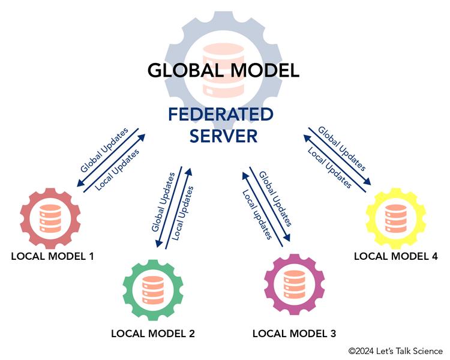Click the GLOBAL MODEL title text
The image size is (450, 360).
pyautogui.click(x=223, y=70)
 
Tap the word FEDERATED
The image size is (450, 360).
pyautogui.click(x=221, y=114)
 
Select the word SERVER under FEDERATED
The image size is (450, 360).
pyautogui.click(x=223, y=136)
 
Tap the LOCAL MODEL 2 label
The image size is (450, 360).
pyautogui.click(x=153, y=334)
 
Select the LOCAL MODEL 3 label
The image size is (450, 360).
pyautogui.click(x=294, y=333)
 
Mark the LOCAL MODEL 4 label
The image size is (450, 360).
pyautogui.click(x=395, y=256)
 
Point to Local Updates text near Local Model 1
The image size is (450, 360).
pyautogui.click(x=118, y=169)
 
